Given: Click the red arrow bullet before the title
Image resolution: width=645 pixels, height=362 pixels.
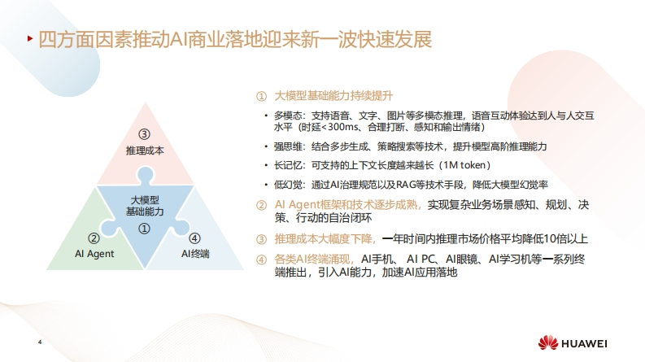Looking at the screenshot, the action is click(30, 39).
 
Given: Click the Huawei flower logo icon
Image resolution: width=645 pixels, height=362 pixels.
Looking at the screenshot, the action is click(548, 342).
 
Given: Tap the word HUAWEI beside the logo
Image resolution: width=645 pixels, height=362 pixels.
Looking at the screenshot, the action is click(584, 343).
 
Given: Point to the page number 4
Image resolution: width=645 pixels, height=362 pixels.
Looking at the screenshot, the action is click(40, 342).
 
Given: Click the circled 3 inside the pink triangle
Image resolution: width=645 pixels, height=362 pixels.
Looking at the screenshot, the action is click(144, 134).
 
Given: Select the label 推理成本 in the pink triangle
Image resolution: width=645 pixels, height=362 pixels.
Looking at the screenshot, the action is click(145, 150).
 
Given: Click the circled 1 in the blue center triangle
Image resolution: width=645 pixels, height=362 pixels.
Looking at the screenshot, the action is click(144, 229).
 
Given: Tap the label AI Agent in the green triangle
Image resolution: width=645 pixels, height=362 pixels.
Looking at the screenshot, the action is click(94, 254).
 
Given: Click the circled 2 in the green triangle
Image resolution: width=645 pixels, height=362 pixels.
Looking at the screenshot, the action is click(94, 238).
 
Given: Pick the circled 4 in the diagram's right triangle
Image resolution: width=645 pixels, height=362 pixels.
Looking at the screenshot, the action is click(194, 238).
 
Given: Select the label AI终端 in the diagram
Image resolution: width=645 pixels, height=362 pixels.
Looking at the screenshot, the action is click(195, 254).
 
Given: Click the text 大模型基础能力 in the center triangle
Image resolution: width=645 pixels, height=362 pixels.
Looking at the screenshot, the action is click(145, 206).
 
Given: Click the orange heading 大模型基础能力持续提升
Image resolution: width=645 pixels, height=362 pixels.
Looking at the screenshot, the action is click(333, 96).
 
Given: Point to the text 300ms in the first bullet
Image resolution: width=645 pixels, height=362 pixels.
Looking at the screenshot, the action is click(343, 127).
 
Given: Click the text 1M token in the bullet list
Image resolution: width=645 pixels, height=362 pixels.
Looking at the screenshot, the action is click(464, 165).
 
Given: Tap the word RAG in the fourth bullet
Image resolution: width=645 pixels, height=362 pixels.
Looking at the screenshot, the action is click(406, 185).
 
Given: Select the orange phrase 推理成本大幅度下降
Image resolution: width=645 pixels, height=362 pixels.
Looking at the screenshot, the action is click(324, 239).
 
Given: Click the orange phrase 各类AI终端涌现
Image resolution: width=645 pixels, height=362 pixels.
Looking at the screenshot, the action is click(312, 260).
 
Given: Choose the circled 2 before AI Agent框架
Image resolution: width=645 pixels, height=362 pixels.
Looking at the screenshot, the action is click(262, 205).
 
